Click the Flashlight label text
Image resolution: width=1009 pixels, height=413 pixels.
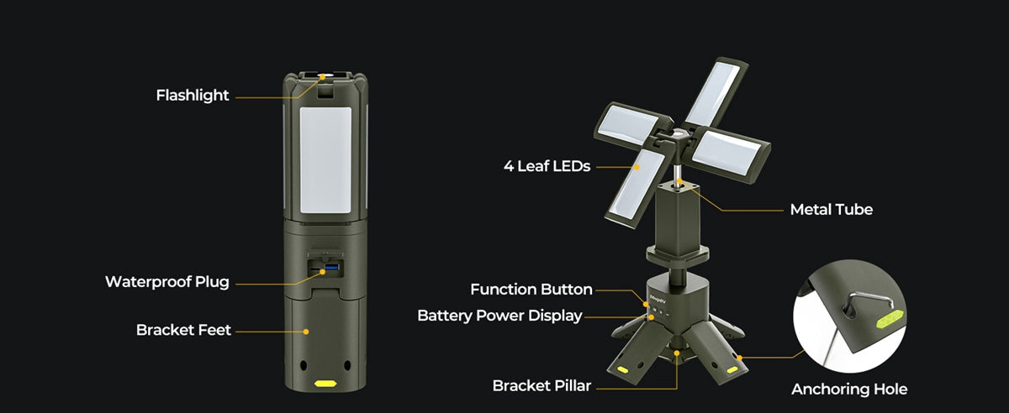click(x=193, y=96)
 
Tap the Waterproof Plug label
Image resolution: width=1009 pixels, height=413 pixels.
click(x=167, y=282)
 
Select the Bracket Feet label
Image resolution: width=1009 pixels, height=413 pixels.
click(x=183, y=330)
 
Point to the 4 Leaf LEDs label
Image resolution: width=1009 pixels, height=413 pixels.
click(x=547, y=166)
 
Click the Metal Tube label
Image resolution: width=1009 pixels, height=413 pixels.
click(x=832, y=210)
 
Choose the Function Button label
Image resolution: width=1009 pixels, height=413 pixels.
click(x=531, y=290)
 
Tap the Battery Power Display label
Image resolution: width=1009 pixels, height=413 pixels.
click(x=499, y=316)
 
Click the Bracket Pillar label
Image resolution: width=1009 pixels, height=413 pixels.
click(x=541, y=385)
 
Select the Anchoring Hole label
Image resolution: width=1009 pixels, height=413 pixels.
click(x=849, y=389)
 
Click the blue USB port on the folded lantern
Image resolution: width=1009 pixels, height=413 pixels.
click(x=331, y=268)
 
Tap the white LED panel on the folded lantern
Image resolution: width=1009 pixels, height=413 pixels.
click(x=325, y=159)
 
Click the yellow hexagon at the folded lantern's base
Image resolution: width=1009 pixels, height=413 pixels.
click(x=325, y=384)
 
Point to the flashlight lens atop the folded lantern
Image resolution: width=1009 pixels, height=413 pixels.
click(x=325, y=76)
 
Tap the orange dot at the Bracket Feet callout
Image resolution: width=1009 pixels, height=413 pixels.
click(x=306, y=332)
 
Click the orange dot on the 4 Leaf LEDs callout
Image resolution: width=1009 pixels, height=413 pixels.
click(x=637, y=167)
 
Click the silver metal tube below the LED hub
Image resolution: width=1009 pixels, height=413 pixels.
click(x=677, y=173)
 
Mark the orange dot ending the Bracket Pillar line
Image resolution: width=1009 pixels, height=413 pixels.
click(x=677, y=353)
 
